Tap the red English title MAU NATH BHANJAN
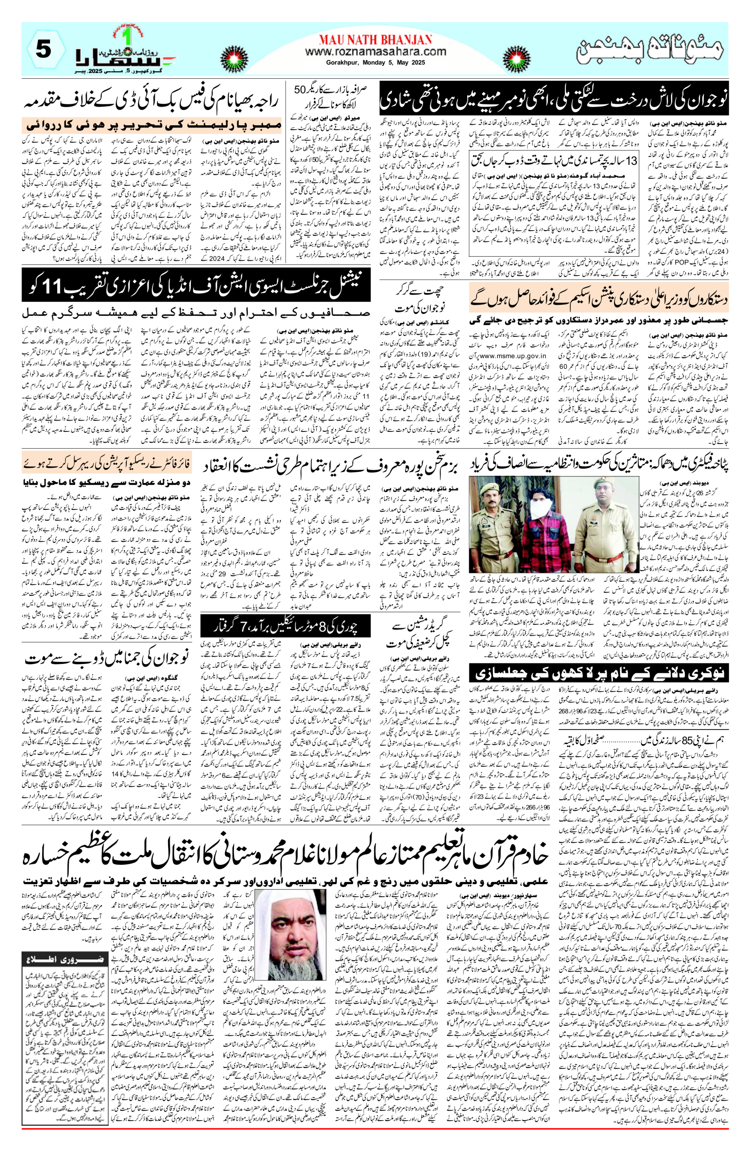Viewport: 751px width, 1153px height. coord(376,39)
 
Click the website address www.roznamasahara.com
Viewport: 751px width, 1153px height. coord(376,51)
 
